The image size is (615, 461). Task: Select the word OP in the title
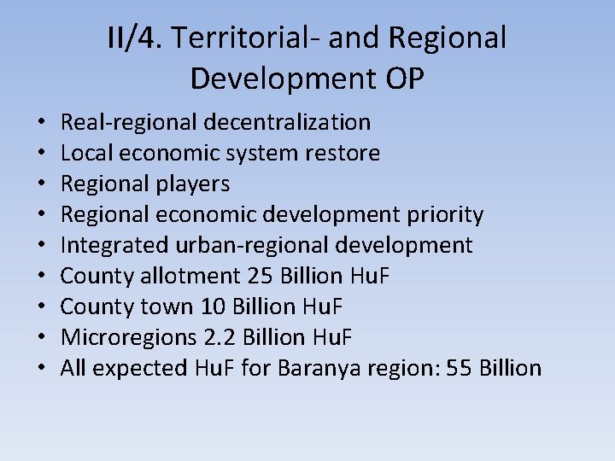click(401, 78)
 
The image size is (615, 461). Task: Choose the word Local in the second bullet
click(79, 153)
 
